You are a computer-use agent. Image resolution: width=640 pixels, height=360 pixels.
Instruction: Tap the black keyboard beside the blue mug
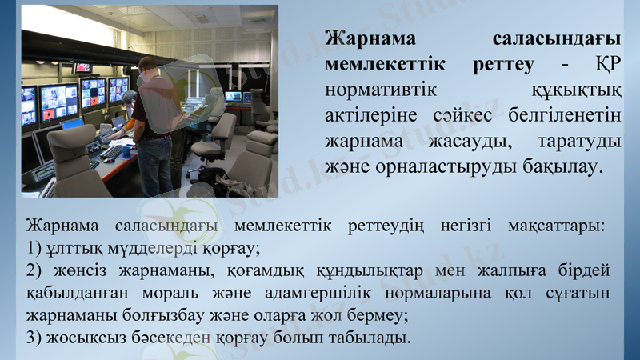(112, 152)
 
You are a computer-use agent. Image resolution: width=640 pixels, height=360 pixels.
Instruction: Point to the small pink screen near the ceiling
(83, 68)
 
